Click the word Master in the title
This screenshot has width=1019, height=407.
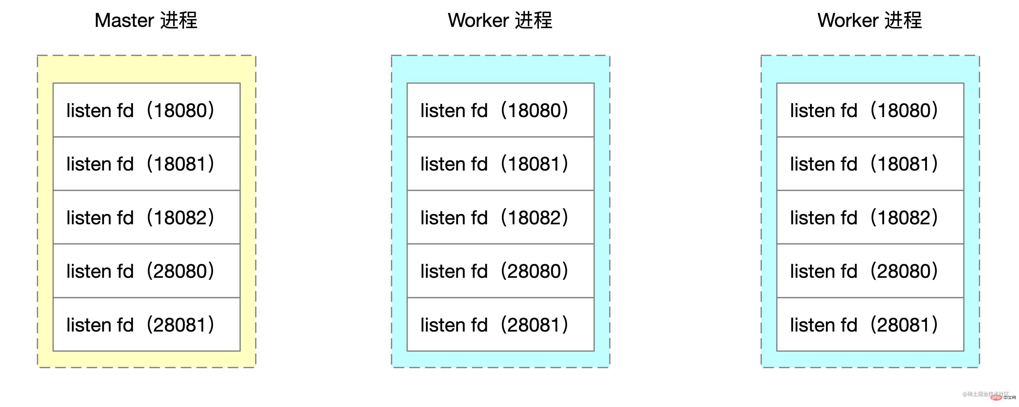[124, 20]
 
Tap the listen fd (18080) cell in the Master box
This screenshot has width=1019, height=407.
[146, 110]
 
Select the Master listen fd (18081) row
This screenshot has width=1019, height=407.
[146, 164]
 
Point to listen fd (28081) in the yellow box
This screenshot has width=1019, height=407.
[146, 324]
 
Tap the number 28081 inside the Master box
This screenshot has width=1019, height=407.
[180, 325]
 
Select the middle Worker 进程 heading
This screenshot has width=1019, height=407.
[500, 20]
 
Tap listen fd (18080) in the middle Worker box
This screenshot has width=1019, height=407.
[501, 110]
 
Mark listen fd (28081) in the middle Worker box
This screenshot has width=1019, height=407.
[501, 324]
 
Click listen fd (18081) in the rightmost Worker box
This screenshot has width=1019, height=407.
[870, 164]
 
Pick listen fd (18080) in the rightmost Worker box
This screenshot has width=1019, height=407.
[870, 110]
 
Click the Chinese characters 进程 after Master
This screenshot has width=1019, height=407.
[179, 21]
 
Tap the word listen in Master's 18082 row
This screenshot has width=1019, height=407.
[88, 218]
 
